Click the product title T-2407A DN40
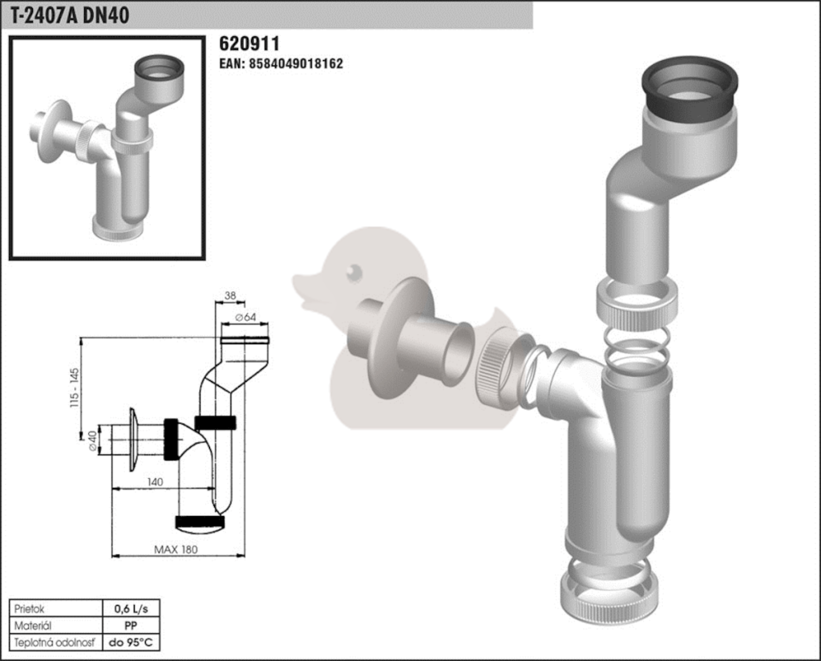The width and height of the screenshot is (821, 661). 70,15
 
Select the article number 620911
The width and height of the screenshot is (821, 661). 249,43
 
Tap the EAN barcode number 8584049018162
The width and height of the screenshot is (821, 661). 281,63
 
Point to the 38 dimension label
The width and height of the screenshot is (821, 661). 230,295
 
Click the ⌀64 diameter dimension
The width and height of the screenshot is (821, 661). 245,317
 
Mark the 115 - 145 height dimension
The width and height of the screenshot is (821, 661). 75,387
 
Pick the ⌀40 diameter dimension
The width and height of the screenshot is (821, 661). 93,440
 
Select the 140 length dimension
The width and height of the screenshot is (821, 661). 155,481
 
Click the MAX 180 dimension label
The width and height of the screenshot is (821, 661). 176,549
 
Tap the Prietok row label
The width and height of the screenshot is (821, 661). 30,609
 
